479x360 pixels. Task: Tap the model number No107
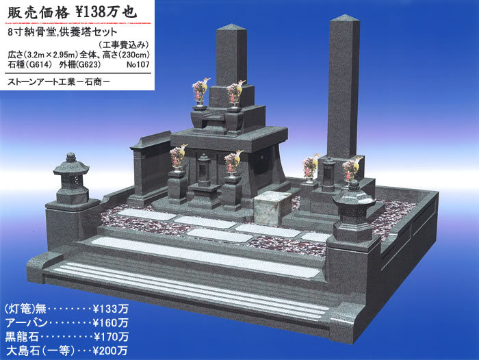click(x=138, y=65)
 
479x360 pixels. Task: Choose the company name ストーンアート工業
click(x=41, y=82)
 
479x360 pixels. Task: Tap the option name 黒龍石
click(x=22, y=337)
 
